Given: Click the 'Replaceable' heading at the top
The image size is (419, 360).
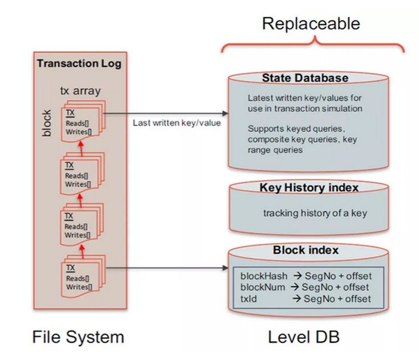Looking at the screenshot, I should (311, 23).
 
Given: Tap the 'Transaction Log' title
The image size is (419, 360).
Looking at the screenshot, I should (79, 63).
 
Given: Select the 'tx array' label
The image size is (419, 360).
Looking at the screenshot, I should (80, 91).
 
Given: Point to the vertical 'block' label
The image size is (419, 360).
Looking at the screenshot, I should (47, 123).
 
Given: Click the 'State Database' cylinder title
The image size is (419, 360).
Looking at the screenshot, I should (305, 78).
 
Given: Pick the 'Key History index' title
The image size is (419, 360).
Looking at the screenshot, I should (308, 188).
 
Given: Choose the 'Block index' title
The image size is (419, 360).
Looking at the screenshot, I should (306, 250).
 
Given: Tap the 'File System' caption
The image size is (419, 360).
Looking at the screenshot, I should (78, 337).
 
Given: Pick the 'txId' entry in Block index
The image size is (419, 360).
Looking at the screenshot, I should (250, 298).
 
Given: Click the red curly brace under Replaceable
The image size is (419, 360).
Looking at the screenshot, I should (312, 43).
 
